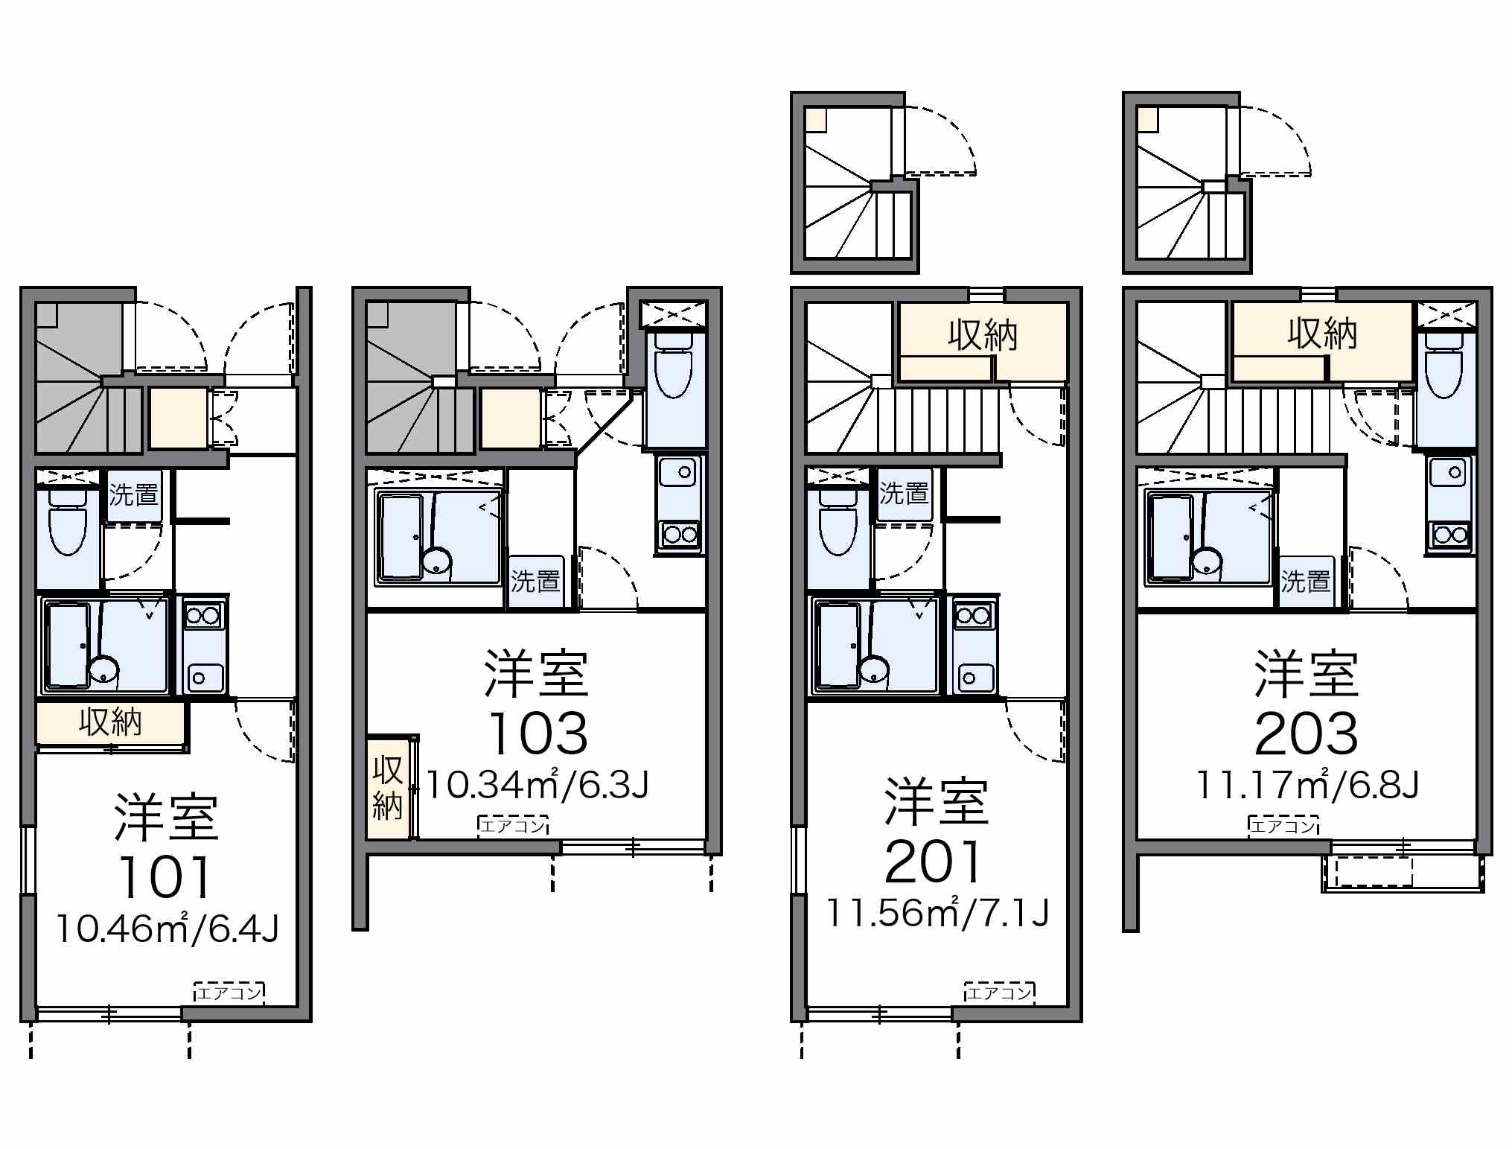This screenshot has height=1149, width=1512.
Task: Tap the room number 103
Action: click(x=538, y=733)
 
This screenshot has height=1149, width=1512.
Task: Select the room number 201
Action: click(x=935, y=862)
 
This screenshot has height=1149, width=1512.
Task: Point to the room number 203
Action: click(x=1307, y=733)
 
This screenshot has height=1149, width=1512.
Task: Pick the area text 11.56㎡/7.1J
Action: click(x=938, y=912)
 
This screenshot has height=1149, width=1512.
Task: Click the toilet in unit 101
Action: click(x=68, y=521)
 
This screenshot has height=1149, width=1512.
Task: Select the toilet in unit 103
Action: click(x=674, y=364)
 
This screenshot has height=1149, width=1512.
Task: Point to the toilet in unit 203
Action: click(x=1445, y=364)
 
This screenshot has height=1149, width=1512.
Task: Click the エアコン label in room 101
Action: click(x=229, y=993)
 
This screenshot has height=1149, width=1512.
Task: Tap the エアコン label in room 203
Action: click(x=1283, y=825)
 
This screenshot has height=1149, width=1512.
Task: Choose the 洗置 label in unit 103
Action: click(x=535, y=581)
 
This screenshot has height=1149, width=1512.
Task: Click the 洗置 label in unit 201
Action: click(x=904, y=493)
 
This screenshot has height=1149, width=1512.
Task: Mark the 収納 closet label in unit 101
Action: click(x=110, y=722)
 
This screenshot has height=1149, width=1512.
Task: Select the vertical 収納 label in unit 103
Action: click(x=387, y=788)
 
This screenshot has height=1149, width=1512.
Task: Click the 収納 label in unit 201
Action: click(x=983, y=335)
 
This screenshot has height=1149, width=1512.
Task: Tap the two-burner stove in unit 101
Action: click(x=203, y=616)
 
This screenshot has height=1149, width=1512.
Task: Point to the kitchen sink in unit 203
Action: click(x=1449, y=473)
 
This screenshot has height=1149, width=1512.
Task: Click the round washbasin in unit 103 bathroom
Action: click(x=437, y=562)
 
